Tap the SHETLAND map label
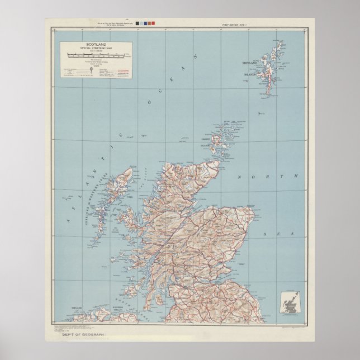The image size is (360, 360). (249, 64)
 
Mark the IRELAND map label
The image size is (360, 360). (77, 308)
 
